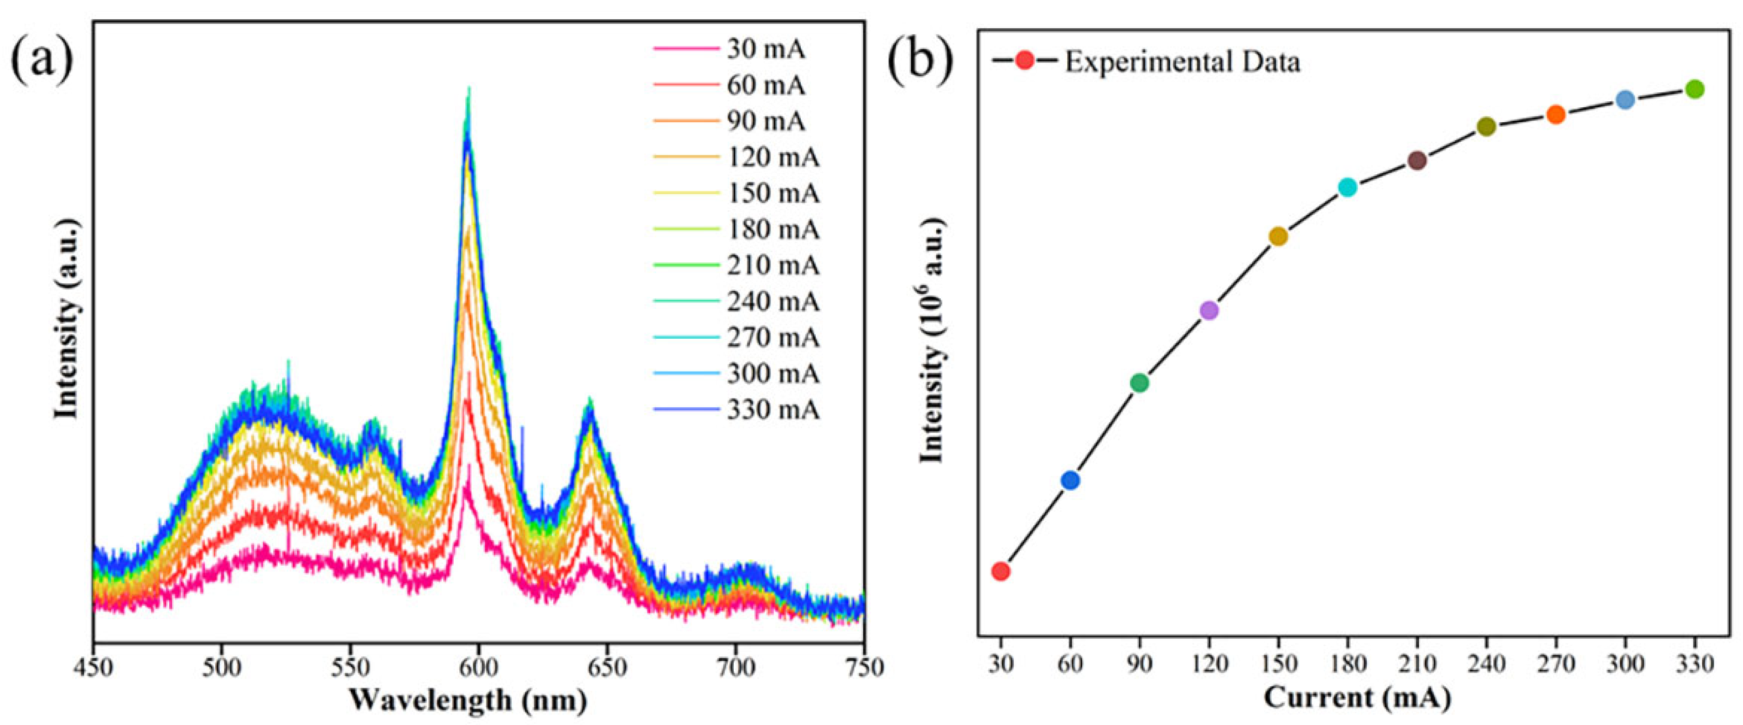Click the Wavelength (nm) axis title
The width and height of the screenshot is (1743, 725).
(x=468, y=700)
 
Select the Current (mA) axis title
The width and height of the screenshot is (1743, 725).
(x=1357, y=697)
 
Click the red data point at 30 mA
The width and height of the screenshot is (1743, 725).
(x=1001, y=571)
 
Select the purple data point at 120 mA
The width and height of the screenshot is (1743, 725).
(x=1209, y=310)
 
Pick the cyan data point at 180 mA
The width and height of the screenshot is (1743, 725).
(x=1348, y=188)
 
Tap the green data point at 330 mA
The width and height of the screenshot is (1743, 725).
(x=1694, y=89)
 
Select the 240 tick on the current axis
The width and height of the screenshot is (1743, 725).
(x=1486, y=664)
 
